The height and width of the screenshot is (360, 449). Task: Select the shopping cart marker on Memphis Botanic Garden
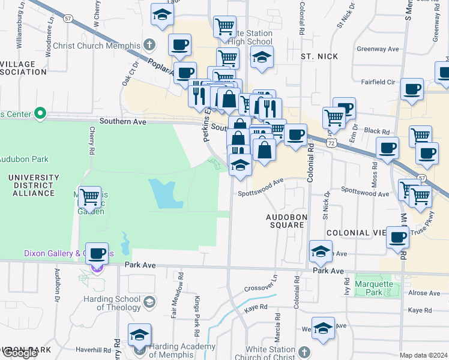(x=89, y=196)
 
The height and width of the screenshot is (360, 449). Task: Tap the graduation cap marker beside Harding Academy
(x=139, y=335)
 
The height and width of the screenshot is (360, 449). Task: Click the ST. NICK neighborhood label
(x=320, y=56)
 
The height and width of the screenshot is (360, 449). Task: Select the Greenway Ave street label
(x=378, y=49)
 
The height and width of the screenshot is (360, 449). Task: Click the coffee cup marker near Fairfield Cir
(x=412, y=89)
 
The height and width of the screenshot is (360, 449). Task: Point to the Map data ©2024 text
(x=423, y=355)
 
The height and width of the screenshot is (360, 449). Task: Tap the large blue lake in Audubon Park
(x=164, y=193)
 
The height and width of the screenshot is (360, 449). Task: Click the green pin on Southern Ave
(x=40, y=112)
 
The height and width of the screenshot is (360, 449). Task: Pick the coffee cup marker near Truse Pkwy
(x=397, y=238)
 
